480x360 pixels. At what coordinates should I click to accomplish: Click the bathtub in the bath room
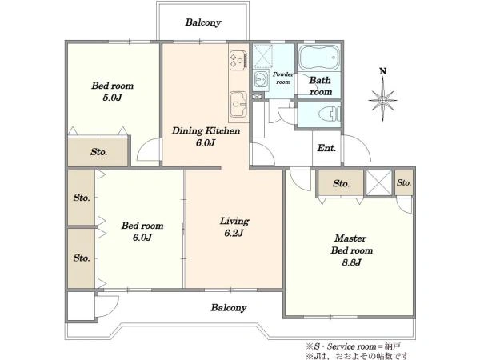(319, 58)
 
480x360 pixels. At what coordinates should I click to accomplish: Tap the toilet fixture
(330, 114)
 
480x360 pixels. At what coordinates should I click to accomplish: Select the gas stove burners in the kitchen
(238, 60)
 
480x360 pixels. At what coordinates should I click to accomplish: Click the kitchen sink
(238, 104)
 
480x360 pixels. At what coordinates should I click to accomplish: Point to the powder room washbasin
(261, 79)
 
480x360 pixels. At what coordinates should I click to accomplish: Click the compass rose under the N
(382, 100)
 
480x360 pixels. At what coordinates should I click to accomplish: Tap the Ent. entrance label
(326, 148)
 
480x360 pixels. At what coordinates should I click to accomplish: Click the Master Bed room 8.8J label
(351, 250)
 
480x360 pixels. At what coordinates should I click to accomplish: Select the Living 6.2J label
(234, 227)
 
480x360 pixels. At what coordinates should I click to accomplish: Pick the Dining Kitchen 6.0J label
(206, 137)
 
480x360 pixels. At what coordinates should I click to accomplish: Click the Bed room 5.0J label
(112, 91)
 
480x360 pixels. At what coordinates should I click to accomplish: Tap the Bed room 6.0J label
(142, 231)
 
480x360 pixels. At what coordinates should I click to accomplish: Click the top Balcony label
(203, 22)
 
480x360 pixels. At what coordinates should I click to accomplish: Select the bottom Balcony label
(229, 308)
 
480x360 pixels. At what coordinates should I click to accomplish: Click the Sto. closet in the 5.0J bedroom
(98, 152)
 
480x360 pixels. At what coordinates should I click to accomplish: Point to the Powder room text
(283, 78)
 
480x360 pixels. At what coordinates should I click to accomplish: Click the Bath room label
(320, 86)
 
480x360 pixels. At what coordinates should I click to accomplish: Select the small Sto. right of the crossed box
(404, 182)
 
